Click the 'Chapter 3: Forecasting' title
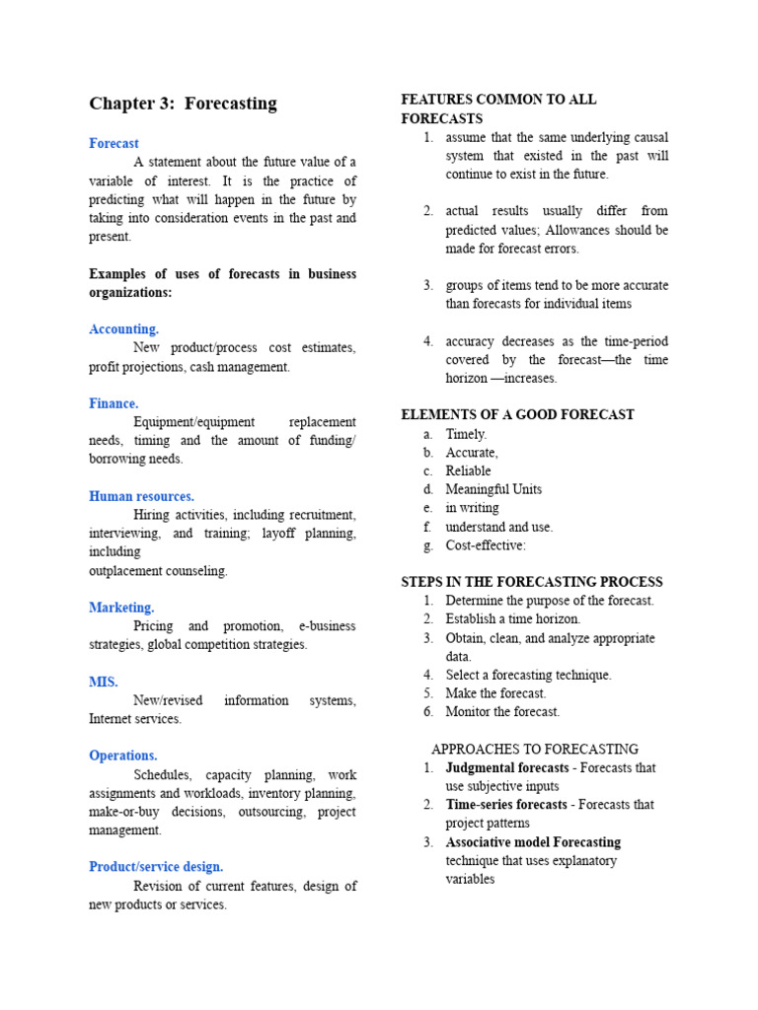183,104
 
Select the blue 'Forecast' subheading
114,143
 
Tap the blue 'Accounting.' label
123,328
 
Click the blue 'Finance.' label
114,403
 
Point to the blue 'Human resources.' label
141,496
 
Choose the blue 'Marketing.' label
121,608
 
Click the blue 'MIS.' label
104,682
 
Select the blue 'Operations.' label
123,756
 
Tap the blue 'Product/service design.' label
156,867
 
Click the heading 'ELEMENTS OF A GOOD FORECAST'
518,414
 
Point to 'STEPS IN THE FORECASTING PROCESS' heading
532,582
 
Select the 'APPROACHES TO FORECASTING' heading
535,749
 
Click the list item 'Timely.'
466,434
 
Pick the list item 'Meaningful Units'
493,489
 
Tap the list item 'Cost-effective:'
486,545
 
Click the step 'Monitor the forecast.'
502,711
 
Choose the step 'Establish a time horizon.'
513,619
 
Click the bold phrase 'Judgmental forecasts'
507,767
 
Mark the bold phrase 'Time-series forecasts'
506,805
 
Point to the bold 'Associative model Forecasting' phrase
533,842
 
